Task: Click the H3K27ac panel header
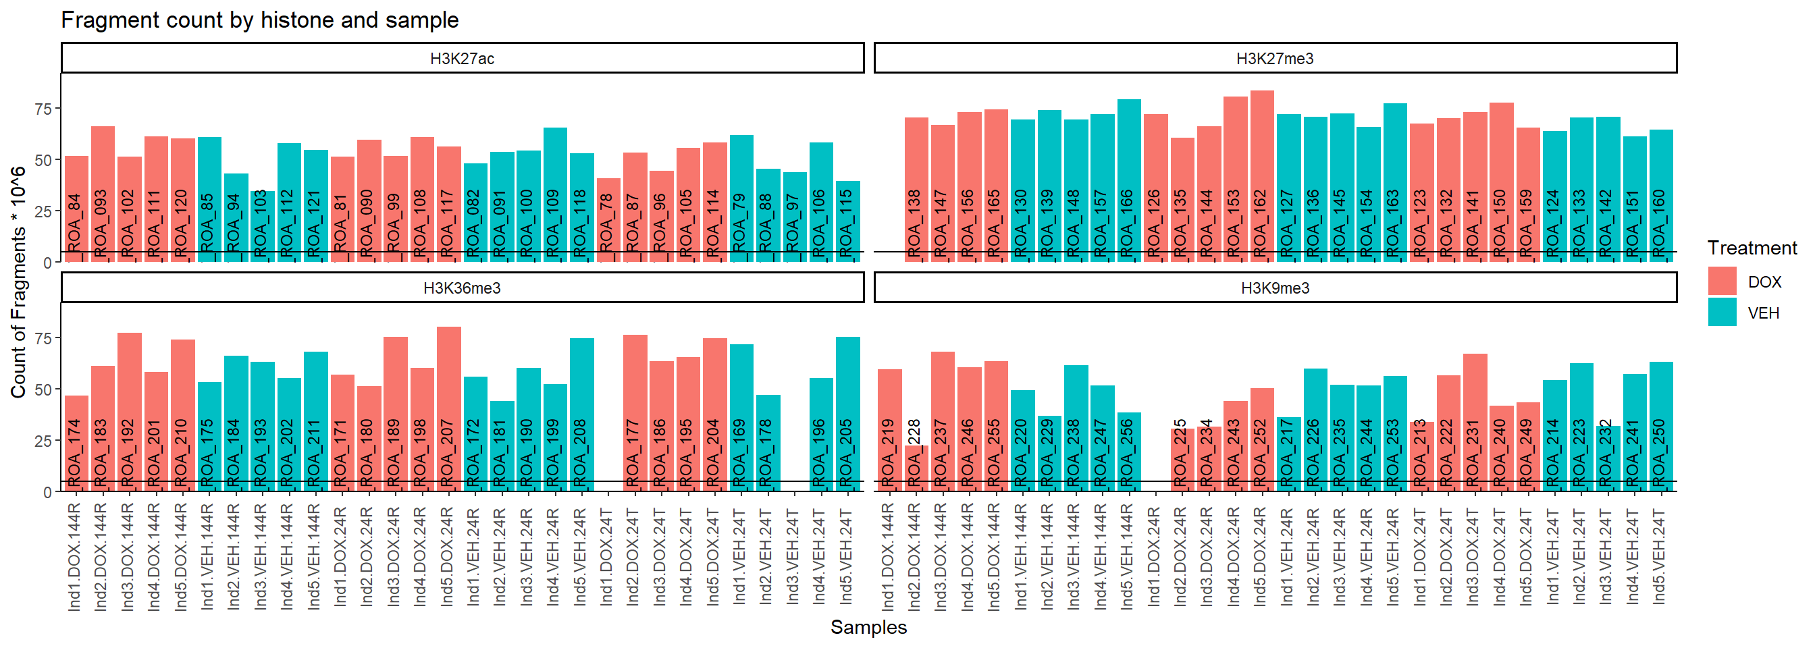click(x=463, y=59)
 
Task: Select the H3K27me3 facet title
click(x=1275, y=59)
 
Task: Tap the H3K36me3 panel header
click(x=463, y=288)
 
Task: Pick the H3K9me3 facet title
click(x=1275, y=288)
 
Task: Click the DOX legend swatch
click(x=1722, y=281)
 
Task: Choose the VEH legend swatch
click(x=1722, y=313)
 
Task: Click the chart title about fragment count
click(x=259, y=20)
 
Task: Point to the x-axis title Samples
click(x=868, y=628)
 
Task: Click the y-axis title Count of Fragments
click(x=18, y=281)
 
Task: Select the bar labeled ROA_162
click(x=1261, y=176)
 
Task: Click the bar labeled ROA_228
click(x=914, y=468)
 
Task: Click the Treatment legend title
click(x=1752, y=248)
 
